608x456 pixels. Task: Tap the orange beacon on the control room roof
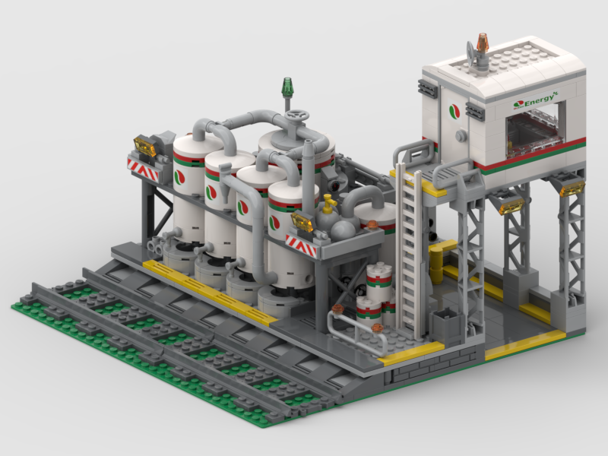[x=482, y=43]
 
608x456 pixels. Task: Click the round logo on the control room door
[x=454, y=111]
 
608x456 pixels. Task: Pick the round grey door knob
[x=461, y=135]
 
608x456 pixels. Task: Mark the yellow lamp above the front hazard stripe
[x=302, y=223]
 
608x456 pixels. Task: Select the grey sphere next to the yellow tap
[x=344, y=226]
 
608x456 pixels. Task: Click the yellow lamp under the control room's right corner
[x=572, y=188]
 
